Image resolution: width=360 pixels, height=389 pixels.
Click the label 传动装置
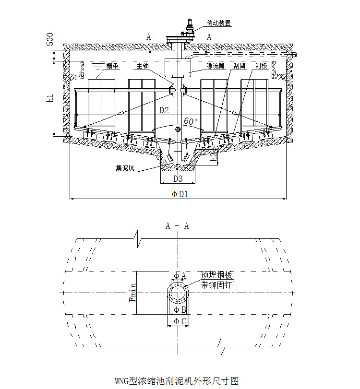218,23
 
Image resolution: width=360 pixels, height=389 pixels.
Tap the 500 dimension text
50,40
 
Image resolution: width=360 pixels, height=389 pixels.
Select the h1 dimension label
49,99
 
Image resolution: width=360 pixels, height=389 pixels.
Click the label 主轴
143,66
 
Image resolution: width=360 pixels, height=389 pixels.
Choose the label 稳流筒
216,66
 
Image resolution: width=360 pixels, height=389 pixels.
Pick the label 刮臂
240,66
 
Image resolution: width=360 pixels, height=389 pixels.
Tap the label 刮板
262,66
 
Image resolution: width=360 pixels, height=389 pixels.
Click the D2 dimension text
164,110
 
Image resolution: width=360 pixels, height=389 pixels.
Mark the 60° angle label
191,122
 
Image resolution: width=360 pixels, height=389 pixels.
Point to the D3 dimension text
178,179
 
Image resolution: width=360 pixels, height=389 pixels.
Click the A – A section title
177,226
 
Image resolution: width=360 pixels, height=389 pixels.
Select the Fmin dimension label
132,293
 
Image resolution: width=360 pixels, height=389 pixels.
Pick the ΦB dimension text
180,310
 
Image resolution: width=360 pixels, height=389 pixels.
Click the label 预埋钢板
217,275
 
